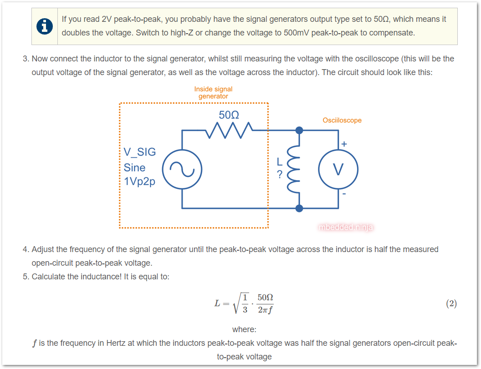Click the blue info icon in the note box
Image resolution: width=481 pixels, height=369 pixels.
coord(44,26)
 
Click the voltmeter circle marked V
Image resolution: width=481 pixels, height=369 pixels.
coord(338,169)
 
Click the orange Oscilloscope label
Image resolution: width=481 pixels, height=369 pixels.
coord(342,121)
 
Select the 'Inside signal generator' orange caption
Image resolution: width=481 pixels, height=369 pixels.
coord(213,93)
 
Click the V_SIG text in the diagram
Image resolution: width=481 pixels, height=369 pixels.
coord(139,152)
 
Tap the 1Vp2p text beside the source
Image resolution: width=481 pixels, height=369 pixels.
coord(139,182)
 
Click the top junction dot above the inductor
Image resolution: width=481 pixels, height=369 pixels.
coord(299,131)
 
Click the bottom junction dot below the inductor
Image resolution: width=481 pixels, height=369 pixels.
coord(299,208)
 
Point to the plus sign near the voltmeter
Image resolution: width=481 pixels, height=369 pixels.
coord(344,144)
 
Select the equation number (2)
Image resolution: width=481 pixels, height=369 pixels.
coord(451,303)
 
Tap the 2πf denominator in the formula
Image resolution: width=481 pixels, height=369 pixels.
coord(265,310)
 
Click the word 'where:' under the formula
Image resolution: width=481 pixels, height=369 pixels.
coord(244,329)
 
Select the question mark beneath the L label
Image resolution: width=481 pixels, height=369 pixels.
coord(280,174)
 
